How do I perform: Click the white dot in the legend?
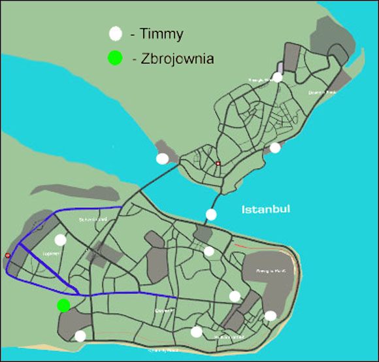[116, 33]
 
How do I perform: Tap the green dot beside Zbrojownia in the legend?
[116, 59]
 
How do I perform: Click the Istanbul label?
[266, 210]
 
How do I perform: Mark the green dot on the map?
[63, 305]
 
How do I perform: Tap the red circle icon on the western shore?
[7, 255]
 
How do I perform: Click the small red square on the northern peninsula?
[218, 163]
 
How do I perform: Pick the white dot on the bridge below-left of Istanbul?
[211, 214]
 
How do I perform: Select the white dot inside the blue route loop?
[61, 240]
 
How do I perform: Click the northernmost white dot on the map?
[278, 77]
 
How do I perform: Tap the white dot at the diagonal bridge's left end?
[162, 158]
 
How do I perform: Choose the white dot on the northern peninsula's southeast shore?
[275, 148]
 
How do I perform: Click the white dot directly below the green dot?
[80, 336]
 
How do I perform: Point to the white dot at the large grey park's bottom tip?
[270, 316]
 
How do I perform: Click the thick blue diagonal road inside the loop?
[46, 267]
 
